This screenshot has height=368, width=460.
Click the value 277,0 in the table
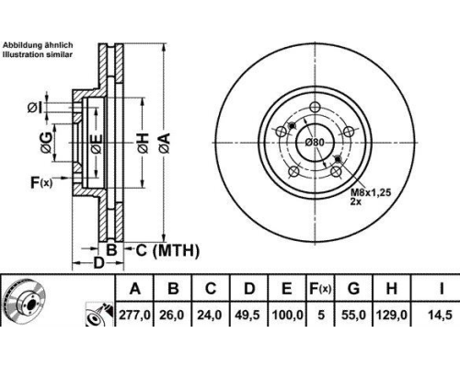pos(134,315)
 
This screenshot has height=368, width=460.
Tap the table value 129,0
pos(391,315)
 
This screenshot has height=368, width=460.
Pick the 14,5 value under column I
pos(441,315)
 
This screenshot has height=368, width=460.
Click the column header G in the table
pos(353,289)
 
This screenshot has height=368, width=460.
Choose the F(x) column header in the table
pos(320,289)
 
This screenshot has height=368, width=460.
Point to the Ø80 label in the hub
pos(315,143)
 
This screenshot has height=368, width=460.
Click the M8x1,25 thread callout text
pos(371,192)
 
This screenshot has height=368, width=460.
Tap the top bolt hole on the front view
pos(315,108)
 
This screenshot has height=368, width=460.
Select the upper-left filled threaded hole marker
pos(292,125)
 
